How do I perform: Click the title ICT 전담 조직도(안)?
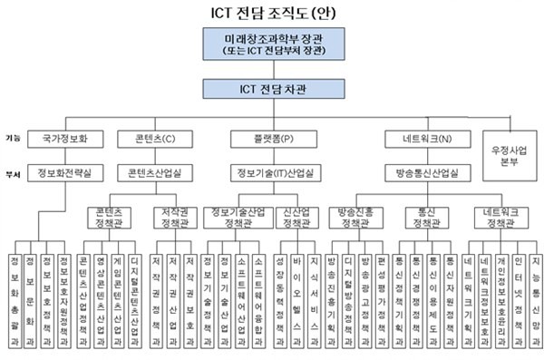pos(271,14)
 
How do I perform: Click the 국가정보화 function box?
pos(65,141)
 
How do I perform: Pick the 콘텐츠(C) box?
pos(151,141)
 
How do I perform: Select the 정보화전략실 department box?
pos(65,171)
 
